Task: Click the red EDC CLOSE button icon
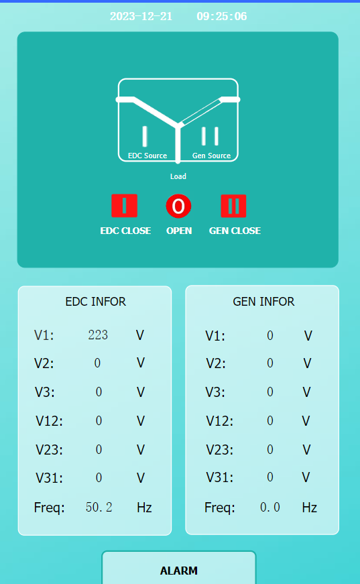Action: pyautogui.click(x=124, y=206)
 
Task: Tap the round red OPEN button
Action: pyautogui.click(x=178, y=206)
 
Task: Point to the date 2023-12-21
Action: pyautogui.click(x=141, y=16)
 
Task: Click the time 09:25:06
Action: pyautogui.click(x=222, y=16)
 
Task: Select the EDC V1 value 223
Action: pyautogui.click(x=98, y=335)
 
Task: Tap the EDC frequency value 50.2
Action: pyautogui.click(x=99, y=507)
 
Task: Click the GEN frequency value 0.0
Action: pyautogui.click(x=270, y=507)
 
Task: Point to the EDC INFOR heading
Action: pyautogui.click(x=96, y=301)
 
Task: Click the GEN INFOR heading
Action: pyautogui.click(x=263, y=301)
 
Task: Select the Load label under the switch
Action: pyautogui.click(x=178, y=176)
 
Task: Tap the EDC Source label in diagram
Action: pyautogui.click(x=147, y=156)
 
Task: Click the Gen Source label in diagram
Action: pyautogui.click(x=211, y=156)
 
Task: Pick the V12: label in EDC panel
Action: pyautogui.click(x=49, y=421)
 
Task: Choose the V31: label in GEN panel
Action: pyautogui.click(x=220, y=477)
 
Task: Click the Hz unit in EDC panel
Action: pyautogui.click(x=144, y=508)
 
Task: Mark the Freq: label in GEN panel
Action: pyautogui.click(x=220, y=508)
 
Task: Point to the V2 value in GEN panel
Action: pyautogui.click(x=270, y=363)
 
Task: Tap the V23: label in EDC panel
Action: pyautogui.click(x=49, y=449)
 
